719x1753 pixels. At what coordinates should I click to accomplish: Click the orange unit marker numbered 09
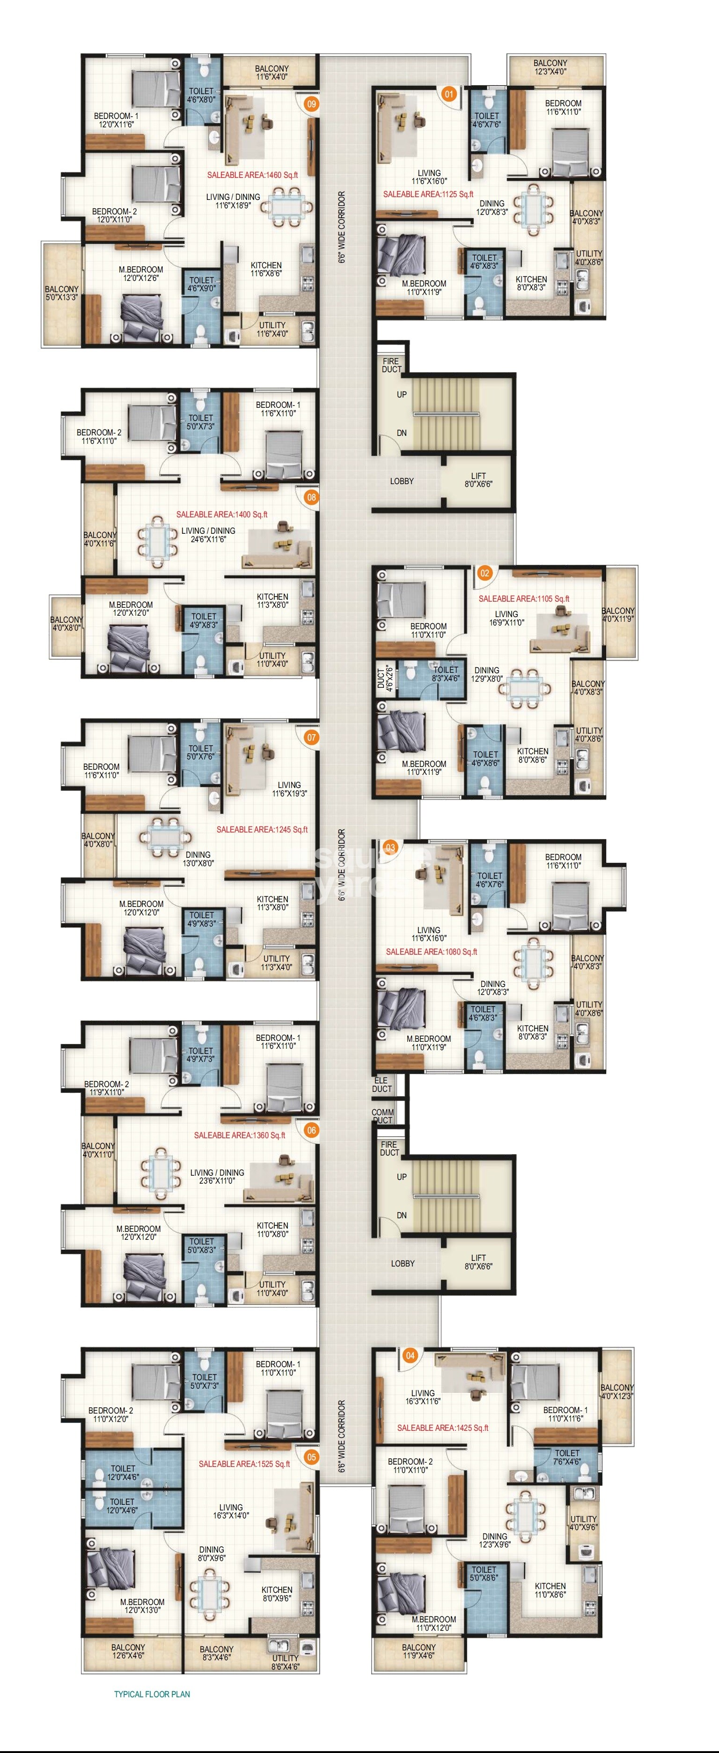point(312,104)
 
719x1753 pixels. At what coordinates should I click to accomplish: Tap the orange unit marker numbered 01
point(449,94)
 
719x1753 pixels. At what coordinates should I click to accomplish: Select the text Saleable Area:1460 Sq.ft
point(252,175)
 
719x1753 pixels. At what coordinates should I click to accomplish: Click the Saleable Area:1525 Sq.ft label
point(244,1463)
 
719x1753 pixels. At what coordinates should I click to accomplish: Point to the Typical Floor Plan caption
point(152,1694)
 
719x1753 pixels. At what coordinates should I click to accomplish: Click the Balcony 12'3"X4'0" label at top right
point(550,66)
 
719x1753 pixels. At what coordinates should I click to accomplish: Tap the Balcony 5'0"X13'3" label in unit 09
point(61,293)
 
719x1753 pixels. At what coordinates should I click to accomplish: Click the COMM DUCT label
point(382,1116)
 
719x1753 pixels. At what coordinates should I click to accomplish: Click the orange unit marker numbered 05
point(312,1457)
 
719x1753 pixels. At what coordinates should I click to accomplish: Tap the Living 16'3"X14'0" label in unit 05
point(231,1511)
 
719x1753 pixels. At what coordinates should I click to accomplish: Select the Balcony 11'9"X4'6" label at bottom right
point(418,1651)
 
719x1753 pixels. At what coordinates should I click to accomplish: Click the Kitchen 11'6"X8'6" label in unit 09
point(266,270)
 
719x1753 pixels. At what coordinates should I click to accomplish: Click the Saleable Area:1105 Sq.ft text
point(524,599)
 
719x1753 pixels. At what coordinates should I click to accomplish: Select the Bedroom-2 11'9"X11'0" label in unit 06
point(106,1088)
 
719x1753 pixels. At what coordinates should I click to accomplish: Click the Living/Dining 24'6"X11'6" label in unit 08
point(208,535)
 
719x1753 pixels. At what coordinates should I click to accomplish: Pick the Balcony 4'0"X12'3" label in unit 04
point(617,1391)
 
